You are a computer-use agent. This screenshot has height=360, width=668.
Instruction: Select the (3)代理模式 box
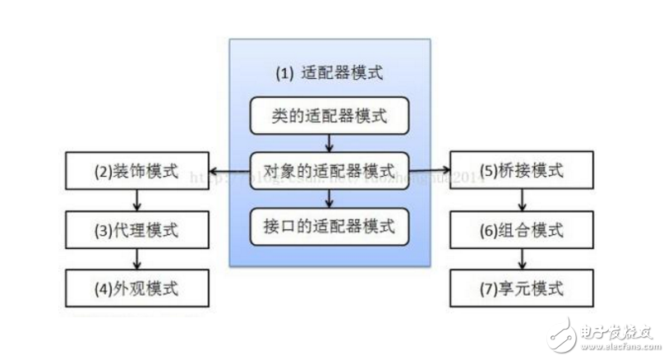pyautogui.click(x=135, y=230)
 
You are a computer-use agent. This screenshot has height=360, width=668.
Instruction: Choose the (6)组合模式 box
pyautogui.click(x=521, y=230)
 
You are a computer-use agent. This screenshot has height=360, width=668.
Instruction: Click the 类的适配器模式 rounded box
pyautogui.click(x=329, y=117)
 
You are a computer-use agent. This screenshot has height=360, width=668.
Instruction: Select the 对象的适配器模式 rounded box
pyautogui.click(x=329, y=171)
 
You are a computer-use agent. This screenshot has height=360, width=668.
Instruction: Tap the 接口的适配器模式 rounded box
pyautogui.click(x=329, y=224)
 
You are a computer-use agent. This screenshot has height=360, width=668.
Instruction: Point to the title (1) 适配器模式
pyautogui.click(x=329, y=73)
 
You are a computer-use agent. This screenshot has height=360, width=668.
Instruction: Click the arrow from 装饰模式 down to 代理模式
pyautogui.click(x=136, y=201)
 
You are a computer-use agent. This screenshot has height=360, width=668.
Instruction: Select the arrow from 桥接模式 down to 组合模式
pyautogui.click(x=520, y=201)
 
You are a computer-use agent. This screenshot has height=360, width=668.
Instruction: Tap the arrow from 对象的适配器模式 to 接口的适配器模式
pyautogui.click(x=329, y=198)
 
